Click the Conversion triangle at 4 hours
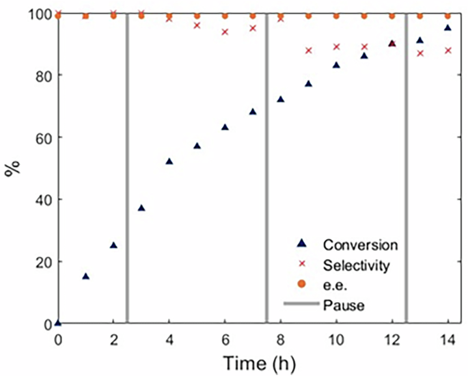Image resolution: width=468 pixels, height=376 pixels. [x=169, y=161]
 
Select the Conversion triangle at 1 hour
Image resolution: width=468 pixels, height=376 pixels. [x=86, y=276]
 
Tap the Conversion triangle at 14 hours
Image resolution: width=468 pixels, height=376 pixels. [x=448, y=28]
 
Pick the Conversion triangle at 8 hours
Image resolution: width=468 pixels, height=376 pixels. [x=281, y=99]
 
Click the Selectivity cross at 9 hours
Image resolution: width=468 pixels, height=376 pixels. [x=309, y=51]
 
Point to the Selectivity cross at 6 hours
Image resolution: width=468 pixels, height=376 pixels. [x=225, y=32]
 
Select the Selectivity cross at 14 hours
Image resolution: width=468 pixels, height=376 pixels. [x=448, y=51]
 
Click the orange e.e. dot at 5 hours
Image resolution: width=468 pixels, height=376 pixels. [x=197, y=16]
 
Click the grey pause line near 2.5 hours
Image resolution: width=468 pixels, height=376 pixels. [x=127, y=171]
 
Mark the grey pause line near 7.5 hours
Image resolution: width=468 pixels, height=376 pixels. [x=266, y=171]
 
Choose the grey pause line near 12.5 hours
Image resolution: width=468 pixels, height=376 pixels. [x=407, y=171]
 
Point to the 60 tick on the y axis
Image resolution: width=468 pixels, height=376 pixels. [x=43, y=137]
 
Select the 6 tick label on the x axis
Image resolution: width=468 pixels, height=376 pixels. [x=225, y=339]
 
